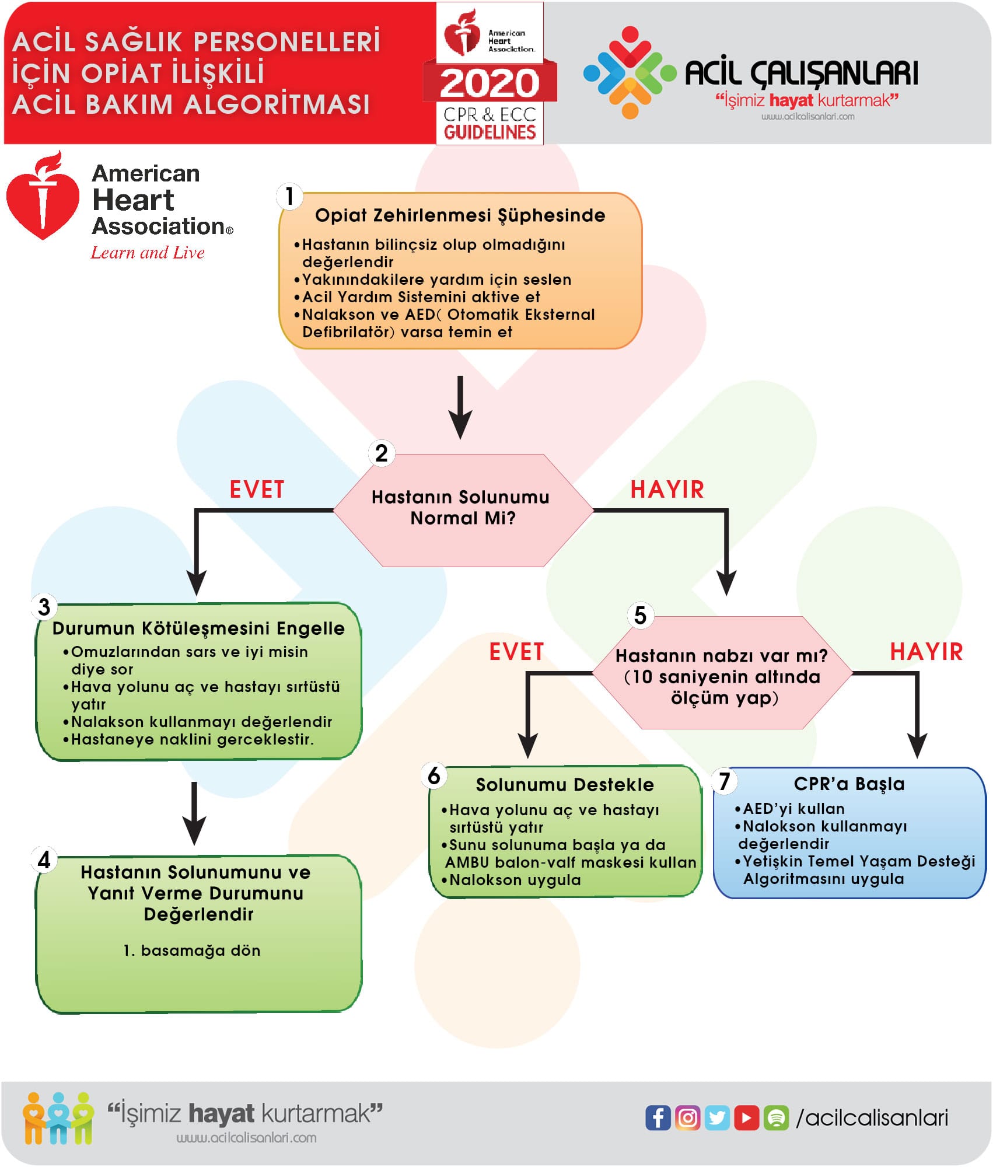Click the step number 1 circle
coord(289,197)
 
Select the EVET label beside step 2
coord(257,490)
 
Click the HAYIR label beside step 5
coord(926,652)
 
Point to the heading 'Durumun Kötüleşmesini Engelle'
coord(198,628)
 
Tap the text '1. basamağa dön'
coord(192,951)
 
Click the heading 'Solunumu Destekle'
coord(565,785)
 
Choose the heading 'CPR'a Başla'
coord(849,784)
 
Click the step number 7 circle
coord(725,781)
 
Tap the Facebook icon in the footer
coord(658,1118)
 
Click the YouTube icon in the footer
coord(747,1118)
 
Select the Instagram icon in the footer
coord(687,1118)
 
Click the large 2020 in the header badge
coord(489,83)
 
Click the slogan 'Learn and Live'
coord(148,253)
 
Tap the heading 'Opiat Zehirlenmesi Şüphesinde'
coord(460,215)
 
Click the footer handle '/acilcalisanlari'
coord(872,1118)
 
